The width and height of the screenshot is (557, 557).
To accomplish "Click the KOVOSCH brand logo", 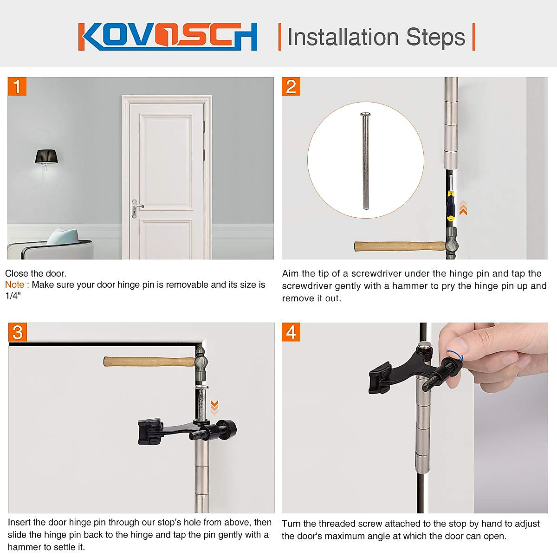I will [x=168, y=36].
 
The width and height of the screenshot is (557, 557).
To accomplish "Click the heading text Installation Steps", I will [x=376, y=37].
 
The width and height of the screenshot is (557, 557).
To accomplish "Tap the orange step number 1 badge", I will [x=17, y=87].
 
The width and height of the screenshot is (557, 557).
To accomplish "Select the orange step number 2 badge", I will [x=291, y=87].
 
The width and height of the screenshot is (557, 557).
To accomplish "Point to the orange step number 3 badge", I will [x=18, y=332].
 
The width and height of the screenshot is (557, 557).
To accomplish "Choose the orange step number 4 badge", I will [x=291, y=332].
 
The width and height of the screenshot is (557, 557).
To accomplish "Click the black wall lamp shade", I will [x=46, y=156].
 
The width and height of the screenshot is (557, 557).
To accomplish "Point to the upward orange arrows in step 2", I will [x=463, y=208].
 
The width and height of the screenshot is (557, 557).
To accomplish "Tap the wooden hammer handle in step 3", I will [x=149, y=361].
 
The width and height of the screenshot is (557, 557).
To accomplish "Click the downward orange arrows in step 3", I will [x=214, y=407].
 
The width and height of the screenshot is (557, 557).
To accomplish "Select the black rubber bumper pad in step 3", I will [x=149, y=431].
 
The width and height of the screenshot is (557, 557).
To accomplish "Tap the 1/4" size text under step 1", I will [x=13, y=296].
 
